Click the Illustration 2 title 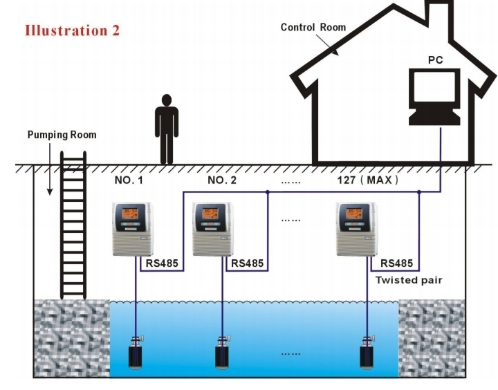pyautogui.click(x=72, y=30)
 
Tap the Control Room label pyautogui.click(x=313, y=28)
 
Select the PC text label pyautogui.click(x=435, y=59)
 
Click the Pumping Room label pyautogui.click(x=62, y=134)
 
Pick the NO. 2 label pyautogui.click(x=222, y=180)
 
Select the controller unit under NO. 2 pyautogui.click(x=211, y=228)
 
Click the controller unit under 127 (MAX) pyautogui.click(x=356, y=228)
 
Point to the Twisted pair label pyautogui.click(x=408, y=281)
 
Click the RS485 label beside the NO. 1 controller pyautogui.click(x=163, y=263)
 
